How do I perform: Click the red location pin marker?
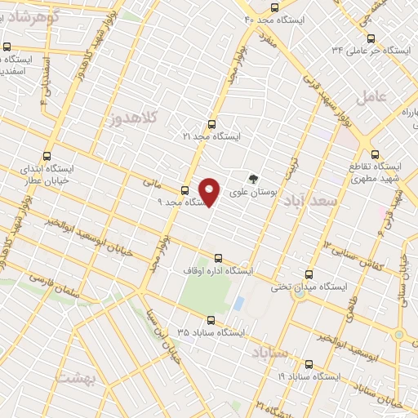[x=211, y=191]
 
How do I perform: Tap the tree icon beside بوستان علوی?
[x=253, y=180]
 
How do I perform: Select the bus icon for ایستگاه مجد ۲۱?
[x=212, y=125]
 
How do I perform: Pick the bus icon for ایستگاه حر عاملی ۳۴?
[x=371, y=38]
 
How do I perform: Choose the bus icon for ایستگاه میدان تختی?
[x=309, y=275]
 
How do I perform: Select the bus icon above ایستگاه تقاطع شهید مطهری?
[x=375, y=153]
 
